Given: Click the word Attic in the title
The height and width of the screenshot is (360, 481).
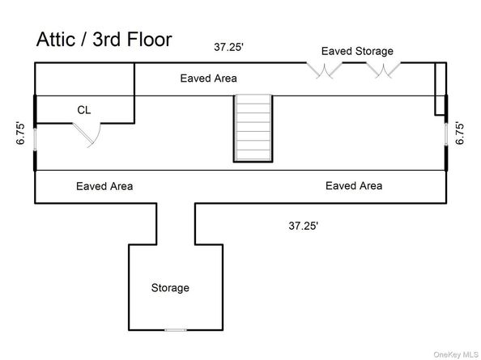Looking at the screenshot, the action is point(56,40).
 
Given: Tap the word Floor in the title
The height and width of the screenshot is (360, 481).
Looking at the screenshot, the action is point(149,40).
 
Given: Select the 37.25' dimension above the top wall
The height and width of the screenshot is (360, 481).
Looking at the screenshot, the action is point(229,47).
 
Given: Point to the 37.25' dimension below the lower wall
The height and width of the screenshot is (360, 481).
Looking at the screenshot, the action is point(304,226).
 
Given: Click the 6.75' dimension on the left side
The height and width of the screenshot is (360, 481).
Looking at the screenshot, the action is point(20,133).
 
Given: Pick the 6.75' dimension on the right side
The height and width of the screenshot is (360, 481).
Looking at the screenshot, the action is point(459,133).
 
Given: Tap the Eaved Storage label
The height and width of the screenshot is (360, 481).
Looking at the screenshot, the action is point(357,51).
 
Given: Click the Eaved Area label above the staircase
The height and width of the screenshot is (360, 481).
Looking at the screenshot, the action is point(209,78).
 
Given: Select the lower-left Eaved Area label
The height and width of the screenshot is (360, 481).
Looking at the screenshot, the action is point(104,186).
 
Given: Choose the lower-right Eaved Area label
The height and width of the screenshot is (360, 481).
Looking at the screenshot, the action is point(354,186).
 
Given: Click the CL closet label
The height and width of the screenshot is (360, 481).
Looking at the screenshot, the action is point(84,110).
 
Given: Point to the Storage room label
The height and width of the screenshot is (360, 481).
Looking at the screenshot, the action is point(170,288).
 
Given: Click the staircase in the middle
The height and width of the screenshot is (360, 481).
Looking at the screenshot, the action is point(253,128).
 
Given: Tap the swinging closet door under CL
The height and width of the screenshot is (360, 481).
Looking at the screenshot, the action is point(87,135).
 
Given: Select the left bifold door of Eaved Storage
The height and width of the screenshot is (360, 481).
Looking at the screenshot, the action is point(324,70).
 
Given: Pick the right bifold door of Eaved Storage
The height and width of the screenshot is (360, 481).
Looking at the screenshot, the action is point(383,70).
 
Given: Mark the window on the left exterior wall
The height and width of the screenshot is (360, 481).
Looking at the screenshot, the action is point(36,139).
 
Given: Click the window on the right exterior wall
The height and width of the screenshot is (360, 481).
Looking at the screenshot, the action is point(446,134).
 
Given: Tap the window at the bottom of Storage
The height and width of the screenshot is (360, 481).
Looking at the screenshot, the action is point(176,330).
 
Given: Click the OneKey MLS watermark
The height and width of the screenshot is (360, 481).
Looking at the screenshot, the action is point(456,355).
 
